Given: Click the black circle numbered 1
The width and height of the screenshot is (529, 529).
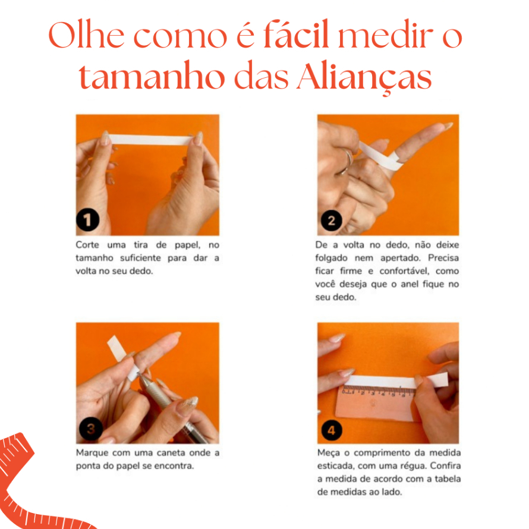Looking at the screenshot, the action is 88,220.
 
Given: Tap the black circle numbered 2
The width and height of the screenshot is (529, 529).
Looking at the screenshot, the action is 331,221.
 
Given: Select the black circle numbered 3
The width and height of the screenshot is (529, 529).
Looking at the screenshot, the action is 91,429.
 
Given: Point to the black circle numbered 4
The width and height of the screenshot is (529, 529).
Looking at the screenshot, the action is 331,430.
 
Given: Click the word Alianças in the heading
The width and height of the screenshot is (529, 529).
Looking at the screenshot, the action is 364,77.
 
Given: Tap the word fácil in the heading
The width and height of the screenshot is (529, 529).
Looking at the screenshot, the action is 296,34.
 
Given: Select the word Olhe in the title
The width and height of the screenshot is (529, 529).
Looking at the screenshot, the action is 86,34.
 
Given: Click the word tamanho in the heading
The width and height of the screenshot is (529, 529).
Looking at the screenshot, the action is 152,75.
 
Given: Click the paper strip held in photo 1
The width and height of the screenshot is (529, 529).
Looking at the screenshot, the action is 150,140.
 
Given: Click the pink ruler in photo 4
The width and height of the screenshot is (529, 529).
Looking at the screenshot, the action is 374,402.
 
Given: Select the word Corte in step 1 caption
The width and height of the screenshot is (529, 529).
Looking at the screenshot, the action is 87,245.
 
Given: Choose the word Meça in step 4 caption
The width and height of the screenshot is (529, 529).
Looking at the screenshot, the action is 328,453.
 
